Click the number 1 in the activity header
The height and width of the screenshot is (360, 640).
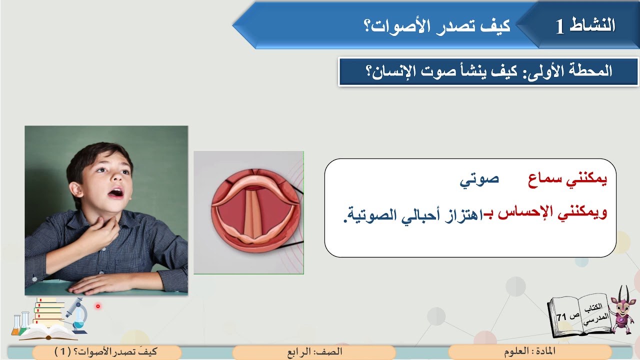pyautogui.click(x=560, y=26)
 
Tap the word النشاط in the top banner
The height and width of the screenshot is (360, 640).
pyautogui.click(x=597, y=25)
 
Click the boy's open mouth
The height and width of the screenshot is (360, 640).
pyautogui.click(x=116, y=192)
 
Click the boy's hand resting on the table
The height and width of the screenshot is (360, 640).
pyautogui.click(x=100, y=284)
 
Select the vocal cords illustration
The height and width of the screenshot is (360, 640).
pyautogui.click(x=248, y=212)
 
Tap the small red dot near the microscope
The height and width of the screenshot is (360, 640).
pyautogui.click(x=98, y=306)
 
